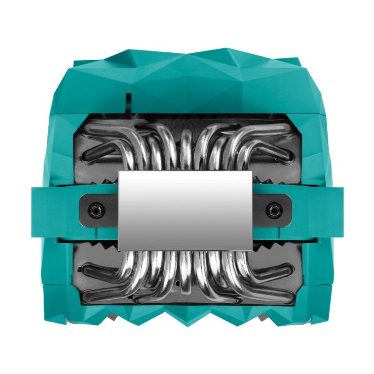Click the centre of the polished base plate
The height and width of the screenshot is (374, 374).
(186, 209)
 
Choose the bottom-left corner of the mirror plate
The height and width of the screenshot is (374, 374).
(119, 248)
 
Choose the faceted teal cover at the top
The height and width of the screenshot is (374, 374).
(187, 79)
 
